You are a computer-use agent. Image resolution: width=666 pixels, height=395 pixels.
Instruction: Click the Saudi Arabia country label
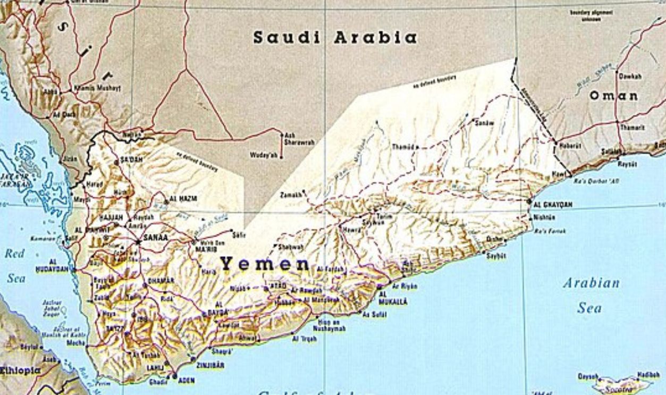(x=334, y=38)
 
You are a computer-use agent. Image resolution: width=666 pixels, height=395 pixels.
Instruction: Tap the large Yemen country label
(x=265, y=263)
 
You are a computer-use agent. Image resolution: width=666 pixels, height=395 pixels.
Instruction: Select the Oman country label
(x=613, y=96)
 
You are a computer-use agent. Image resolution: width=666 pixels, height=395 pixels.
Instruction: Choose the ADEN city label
(x=186, y=380)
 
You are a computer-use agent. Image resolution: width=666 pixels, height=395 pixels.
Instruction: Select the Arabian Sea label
(x=591, y=295)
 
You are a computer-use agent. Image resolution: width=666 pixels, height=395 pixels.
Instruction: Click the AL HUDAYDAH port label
(x=59, y=265)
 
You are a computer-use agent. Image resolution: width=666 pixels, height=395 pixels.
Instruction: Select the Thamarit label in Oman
(x=631, y=128)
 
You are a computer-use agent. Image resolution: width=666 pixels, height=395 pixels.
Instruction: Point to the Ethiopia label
(x=20, y=371)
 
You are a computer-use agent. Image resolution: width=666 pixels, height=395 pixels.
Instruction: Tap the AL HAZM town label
(x=183, y=198)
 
